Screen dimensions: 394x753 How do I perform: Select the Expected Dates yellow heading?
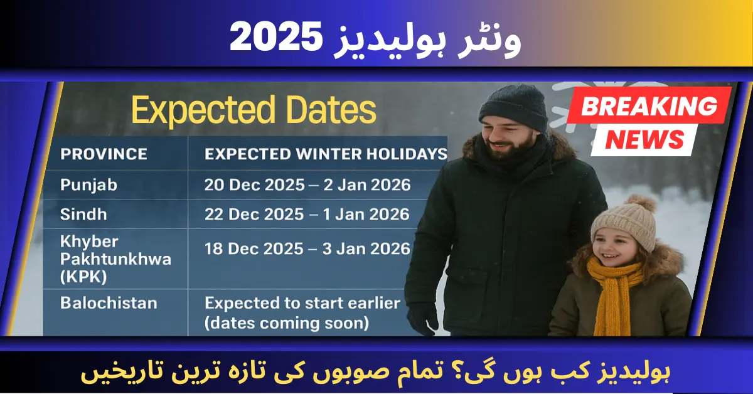pyautogui.click(x=254, y=110)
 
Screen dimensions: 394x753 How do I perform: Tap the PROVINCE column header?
pyautogui.click(x=104, y=154)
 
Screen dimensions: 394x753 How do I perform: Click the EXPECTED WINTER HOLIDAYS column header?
pyautogui.click(x=326, y=154)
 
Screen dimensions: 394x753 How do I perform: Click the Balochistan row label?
pyautogui.click(x=109, y=303)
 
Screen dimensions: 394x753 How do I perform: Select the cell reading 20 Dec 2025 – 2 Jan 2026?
pyautogui.click(x=307, y=184)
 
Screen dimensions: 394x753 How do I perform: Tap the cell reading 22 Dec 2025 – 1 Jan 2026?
pyautogui.click(x=307, y=214)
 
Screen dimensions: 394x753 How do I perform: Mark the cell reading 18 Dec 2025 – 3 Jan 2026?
pyautogui.click(x=307, y=248)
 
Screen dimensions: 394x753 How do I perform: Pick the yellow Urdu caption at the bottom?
pyautogui.click(x=376, y=373)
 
